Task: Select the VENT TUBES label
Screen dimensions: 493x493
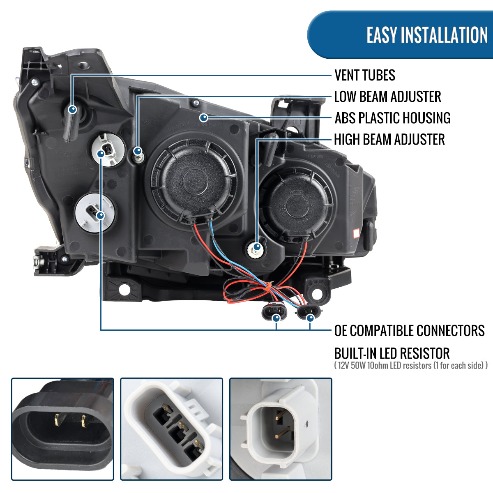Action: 365,75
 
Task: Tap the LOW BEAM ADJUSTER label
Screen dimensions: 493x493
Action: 387,97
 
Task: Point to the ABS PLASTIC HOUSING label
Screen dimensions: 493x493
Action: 392,118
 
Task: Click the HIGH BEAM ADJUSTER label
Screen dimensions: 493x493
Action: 389,140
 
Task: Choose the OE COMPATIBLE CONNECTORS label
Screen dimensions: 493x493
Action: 409,330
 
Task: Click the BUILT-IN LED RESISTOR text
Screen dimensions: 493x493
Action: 392,353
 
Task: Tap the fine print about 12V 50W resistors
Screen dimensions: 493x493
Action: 411,365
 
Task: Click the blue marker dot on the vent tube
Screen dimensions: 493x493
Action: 72,109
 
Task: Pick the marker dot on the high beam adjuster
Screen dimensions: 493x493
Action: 257,247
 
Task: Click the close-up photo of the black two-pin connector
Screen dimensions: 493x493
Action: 62,429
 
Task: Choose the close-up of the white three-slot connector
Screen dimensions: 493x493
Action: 171,429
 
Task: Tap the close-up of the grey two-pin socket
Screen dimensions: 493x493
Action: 281,429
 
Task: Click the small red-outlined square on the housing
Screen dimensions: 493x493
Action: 356,233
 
